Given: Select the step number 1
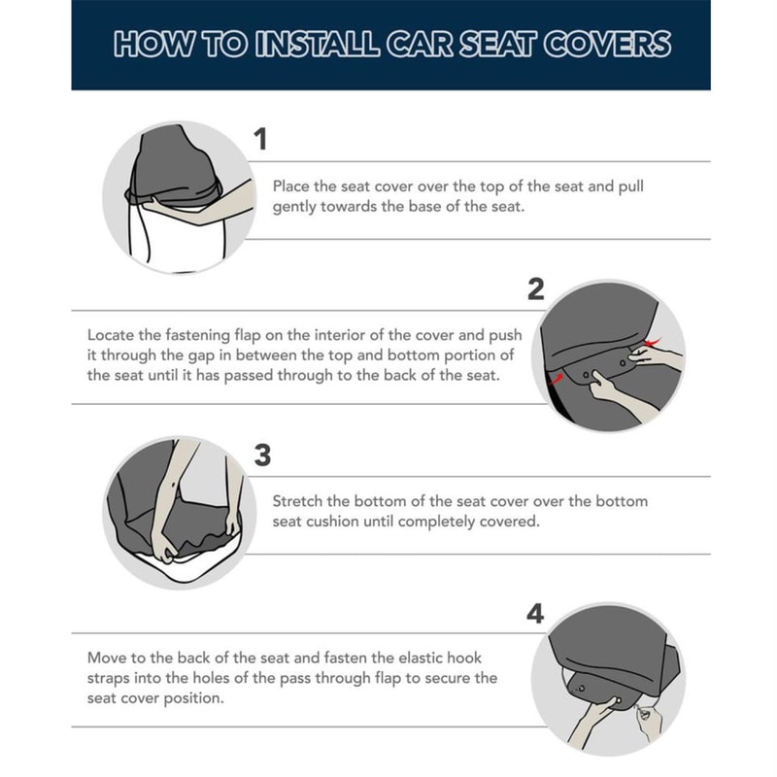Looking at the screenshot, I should coord(260,140).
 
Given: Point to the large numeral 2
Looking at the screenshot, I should coord(535,288).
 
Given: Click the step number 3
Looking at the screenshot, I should coord(261,455).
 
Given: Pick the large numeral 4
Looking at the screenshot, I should coord(534,614).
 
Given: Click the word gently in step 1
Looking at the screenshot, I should coord(295,207).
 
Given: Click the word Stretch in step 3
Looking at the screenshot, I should coord(298,501).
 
